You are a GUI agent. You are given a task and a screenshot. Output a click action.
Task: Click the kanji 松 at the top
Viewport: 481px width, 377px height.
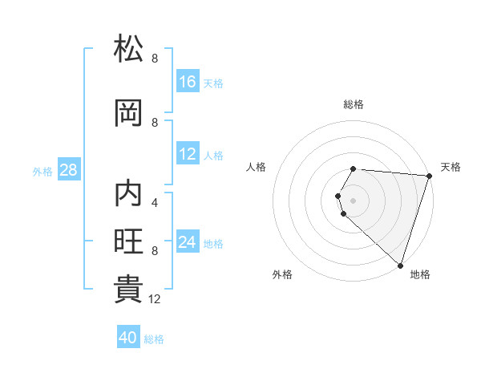click(128, 48)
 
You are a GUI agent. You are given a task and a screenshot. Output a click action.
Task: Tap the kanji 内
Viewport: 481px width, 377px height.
click(128, 195)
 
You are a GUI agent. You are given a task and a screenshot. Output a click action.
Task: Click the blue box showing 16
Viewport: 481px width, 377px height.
click(188, 82)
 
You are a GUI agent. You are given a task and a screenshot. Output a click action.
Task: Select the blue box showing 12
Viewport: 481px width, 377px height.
click(188, 155)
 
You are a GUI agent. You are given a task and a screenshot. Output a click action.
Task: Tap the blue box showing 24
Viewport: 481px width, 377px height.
click(188, 243)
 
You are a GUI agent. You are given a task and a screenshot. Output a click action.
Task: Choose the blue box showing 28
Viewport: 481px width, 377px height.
click(68, 171)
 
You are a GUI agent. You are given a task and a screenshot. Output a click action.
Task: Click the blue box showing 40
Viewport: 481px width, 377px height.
click(128, 338)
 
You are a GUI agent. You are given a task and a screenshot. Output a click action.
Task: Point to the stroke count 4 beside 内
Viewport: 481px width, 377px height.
click(155, 202)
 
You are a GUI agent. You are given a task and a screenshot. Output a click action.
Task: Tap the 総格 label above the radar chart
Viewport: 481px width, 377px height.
click(354, 104)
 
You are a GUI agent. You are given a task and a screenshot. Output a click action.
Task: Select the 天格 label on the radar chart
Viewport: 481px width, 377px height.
click(451, 167)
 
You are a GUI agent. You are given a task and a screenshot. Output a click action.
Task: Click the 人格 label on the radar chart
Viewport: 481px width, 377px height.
click(257, 167)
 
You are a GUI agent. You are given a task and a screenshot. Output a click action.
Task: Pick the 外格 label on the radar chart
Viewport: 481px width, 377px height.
click(282, 274)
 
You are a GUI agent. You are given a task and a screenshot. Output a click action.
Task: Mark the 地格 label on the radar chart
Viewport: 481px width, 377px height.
click(420, 274)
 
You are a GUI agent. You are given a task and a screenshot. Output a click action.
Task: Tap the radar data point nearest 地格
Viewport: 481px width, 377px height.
click(400, 265)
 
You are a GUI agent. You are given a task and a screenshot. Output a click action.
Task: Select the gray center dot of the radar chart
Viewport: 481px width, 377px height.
click(354, 200)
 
